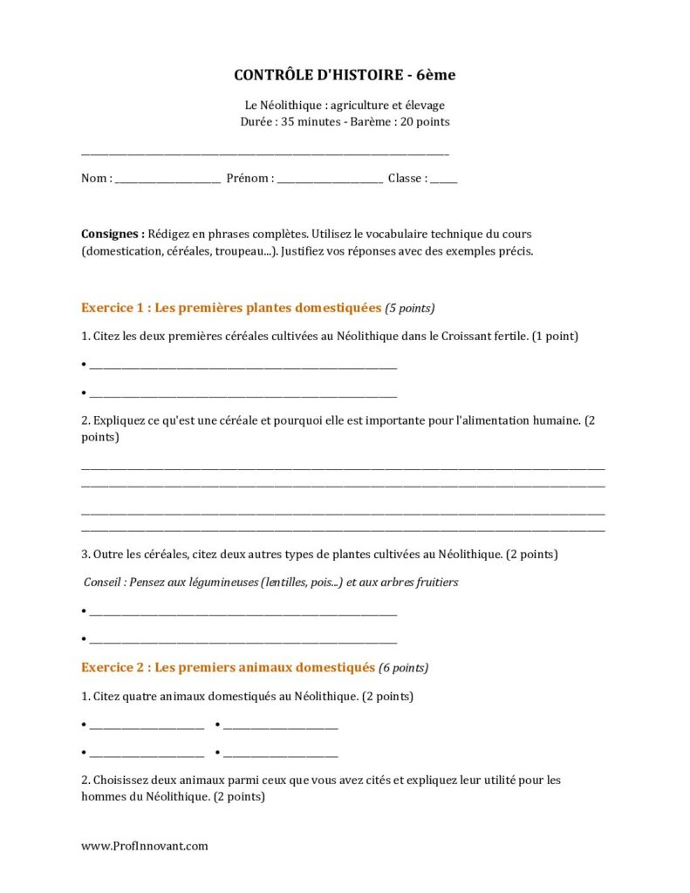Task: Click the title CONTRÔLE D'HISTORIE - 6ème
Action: tap(345, 76)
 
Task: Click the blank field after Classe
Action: tap(443, 180)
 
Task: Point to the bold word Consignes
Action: tap(113, 235)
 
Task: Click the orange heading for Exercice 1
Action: tap(231, 308)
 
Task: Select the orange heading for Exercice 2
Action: tap(228, 668)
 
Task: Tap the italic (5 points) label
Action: tap(410, 309)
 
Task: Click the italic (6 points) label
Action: tap(404, 669)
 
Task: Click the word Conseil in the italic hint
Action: tap(104, 582)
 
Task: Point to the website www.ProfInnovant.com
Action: tap(145, 846)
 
